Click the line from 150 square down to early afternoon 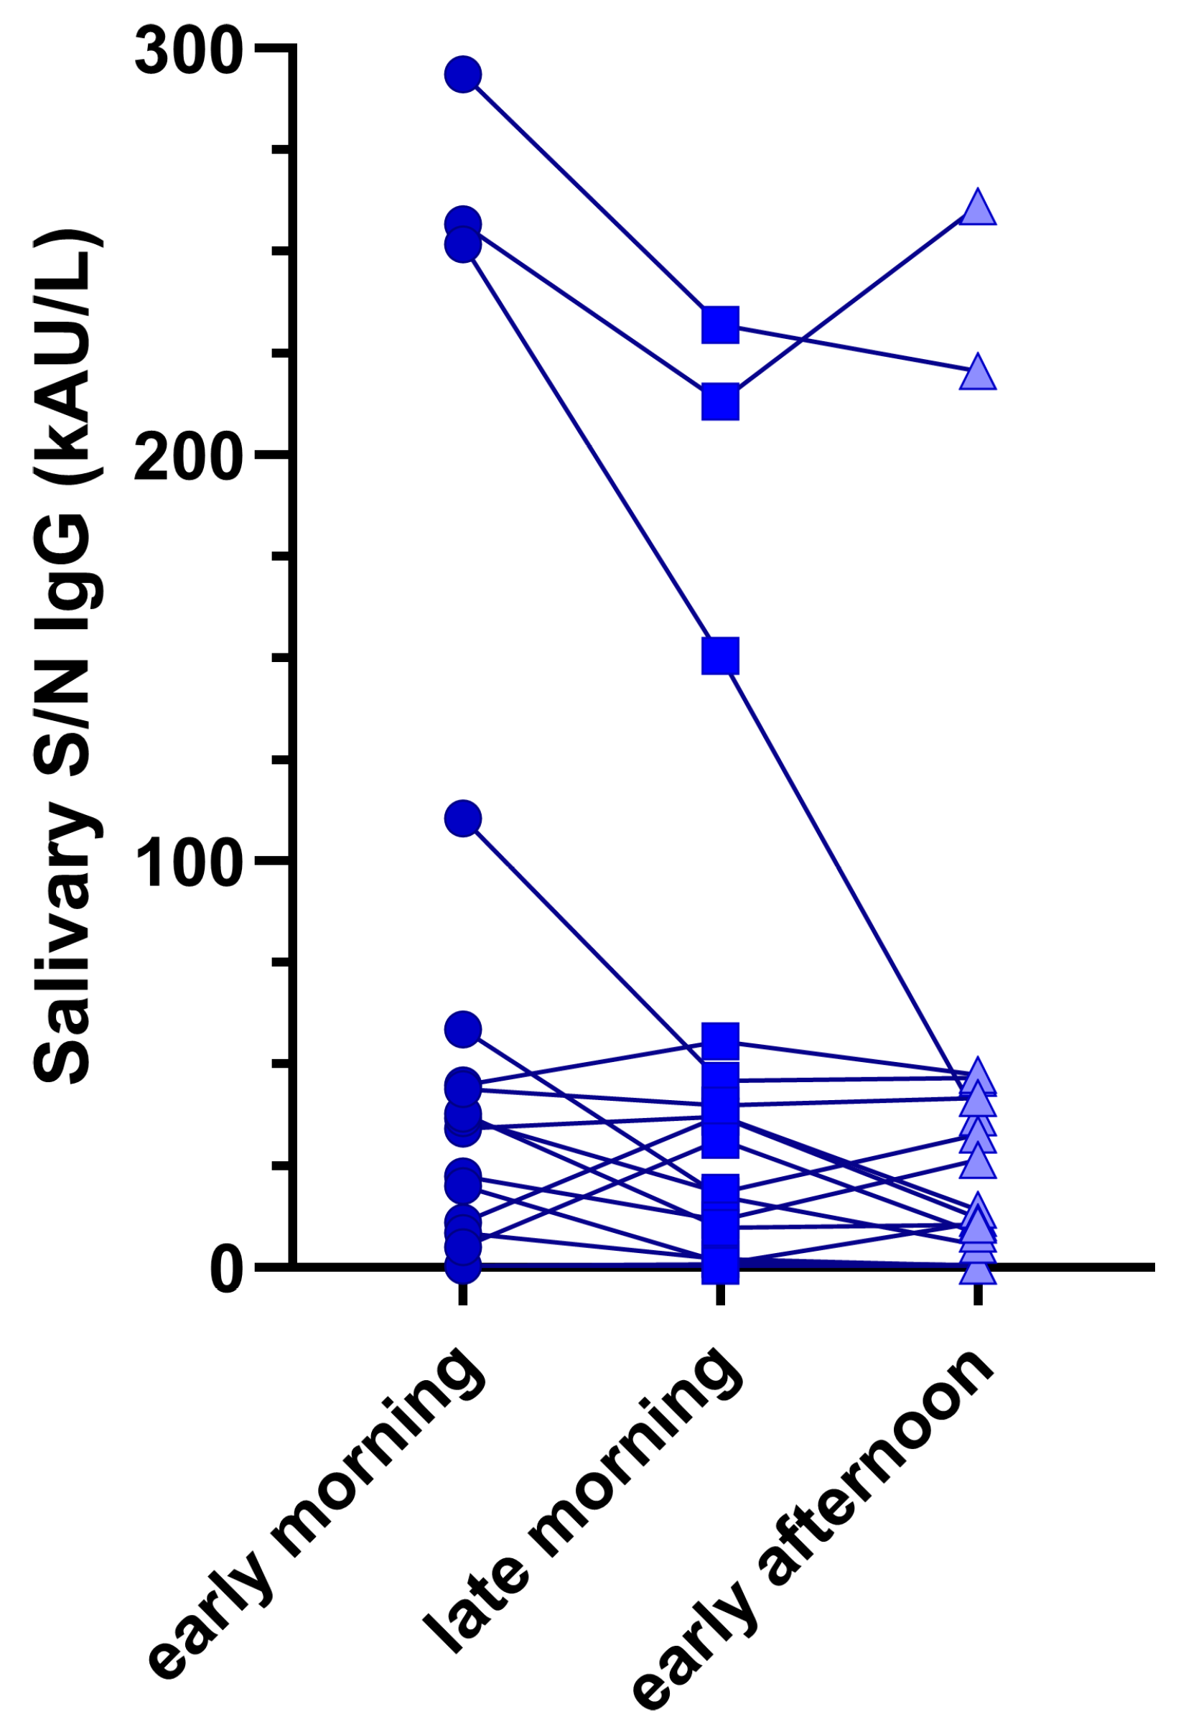coord(849,872)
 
